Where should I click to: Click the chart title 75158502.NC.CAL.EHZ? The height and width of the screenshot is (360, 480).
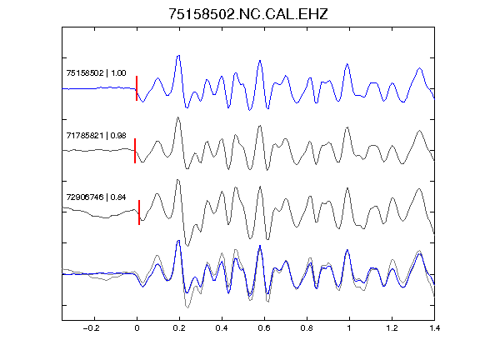[x=248, y=14]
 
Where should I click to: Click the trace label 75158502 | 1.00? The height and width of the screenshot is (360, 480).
[x=96, y=72]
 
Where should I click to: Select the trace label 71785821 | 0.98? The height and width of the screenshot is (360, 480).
[x=96, y=135]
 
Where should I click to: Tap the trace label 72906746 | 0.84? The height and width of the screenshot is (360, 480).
[x=96, y=197]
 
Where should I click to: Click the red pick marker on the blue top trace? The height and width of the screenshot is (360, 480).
[x=137, y=88]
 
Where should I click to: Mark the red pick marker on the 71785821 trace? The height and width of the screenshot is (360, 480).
[x=135, y=151]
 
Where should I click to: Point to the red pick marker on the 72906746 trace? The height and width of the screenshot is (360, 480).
[x=139, y=212]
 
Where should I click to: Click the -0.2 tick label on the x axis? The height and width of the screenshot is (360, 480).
[x=91, y=328]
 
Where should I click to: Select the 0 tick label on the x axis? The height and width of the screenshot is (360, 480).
[x=137, y=328]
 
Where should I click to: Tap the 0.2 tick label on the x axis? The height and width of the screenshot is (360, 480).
[x=179, y=328]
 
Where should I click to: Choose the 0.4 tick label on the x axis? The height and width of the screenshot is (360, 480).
[x=222, y=328]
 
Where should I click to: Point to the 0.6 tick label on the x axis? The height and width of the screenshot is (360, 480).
[x=264, y=328]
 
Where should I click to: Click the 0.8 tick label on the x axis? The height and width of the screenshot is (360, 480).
[x=307, y=328]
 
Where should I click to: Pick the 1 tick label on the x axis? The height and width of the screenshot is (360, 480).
[x=349, y=328]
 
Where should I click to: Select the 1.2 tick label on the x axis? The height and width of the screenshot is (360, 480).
[x=392, y=328]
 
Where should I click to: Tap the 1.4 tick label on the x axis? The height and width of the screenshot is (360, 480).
[x=434, y=328]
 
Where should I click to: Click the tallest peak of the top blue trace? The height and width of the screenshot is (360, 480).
[x=179, y=55]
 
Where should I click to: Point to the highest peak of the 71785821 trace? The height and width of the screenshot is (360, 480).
[x=177, y=117]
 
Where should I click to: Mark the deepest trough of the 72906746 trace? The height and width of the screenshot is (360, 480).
[x=187, y=246]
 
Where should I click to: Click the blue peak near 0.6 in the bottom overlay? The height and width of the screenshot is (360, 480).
[x=260, y=246]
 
